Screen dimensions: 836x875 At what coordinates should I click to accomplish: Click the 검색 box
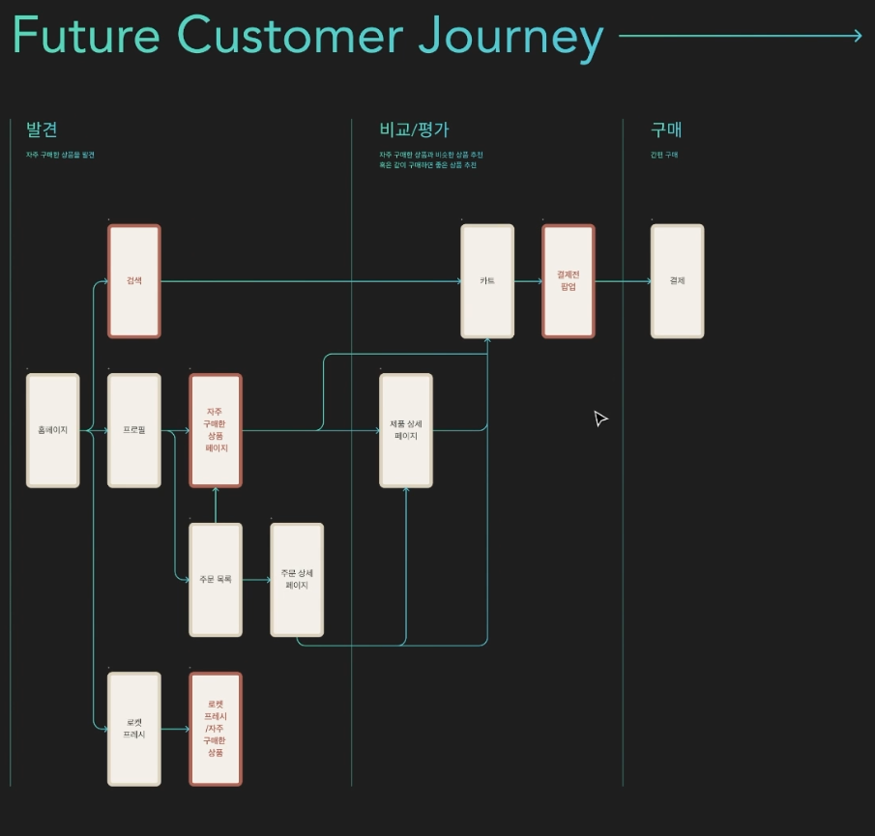pos(133,281)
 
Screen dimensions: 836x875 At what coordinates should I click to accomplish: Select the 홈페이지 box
pos(52,430)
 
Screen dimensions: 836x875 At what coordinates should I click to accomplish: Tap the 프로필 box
pos(133,430)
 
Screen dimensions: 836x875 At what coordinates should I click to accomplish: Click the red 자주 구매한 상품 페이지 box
pos(216,430)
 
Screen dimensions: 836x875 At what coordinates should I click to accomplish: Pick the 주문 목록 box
pos(215,579)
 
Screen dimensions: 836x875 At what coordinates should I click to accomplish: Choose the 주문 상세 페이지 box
pos(297,579)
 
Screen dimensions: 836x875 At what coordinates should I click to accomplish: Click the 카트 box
pos(487,281)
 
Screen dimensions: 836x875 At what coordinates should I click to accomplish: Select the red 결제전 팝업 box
pos(569,281)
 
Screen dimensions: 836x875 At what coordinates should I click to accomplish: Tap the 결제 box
pos(677,281)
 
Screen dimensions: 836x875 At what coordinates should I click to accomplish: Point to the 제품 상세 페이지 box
pos(405,430)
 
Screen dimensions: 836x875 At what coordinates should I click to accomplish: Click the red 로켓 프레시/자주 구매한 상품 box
pos(216,729)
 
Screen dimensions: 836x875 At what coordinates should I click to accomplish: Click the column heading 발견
pos(42,130)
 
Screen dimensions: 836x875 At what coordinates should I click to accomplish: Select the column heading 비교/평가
pos(414,130)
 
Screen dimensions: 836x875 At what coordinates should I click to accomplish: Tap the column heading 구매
pos(667,130)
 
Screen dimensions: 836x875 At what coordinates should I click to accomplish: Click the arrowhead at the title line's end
pos(857,37)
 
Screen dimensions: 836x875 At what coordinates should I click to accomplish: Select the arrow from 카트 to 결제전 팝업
pos(528,281)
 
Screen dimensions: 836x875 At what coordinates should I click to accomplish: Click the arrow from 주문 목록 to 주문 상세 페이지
pos(256,580)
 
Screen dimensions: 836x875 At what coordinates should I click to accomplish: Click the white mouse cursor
pos(599,418)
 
